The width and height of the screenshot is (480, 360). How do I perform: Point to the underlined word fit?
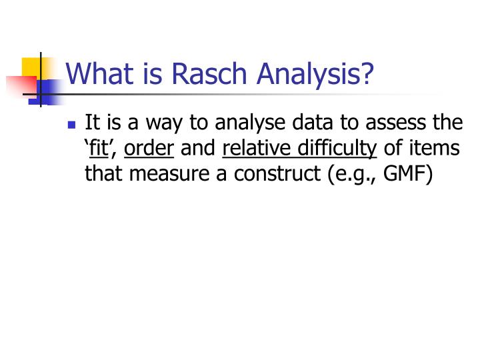(99, 148)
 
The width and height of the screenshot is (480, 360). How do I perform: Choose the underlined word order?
(149, 148)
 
